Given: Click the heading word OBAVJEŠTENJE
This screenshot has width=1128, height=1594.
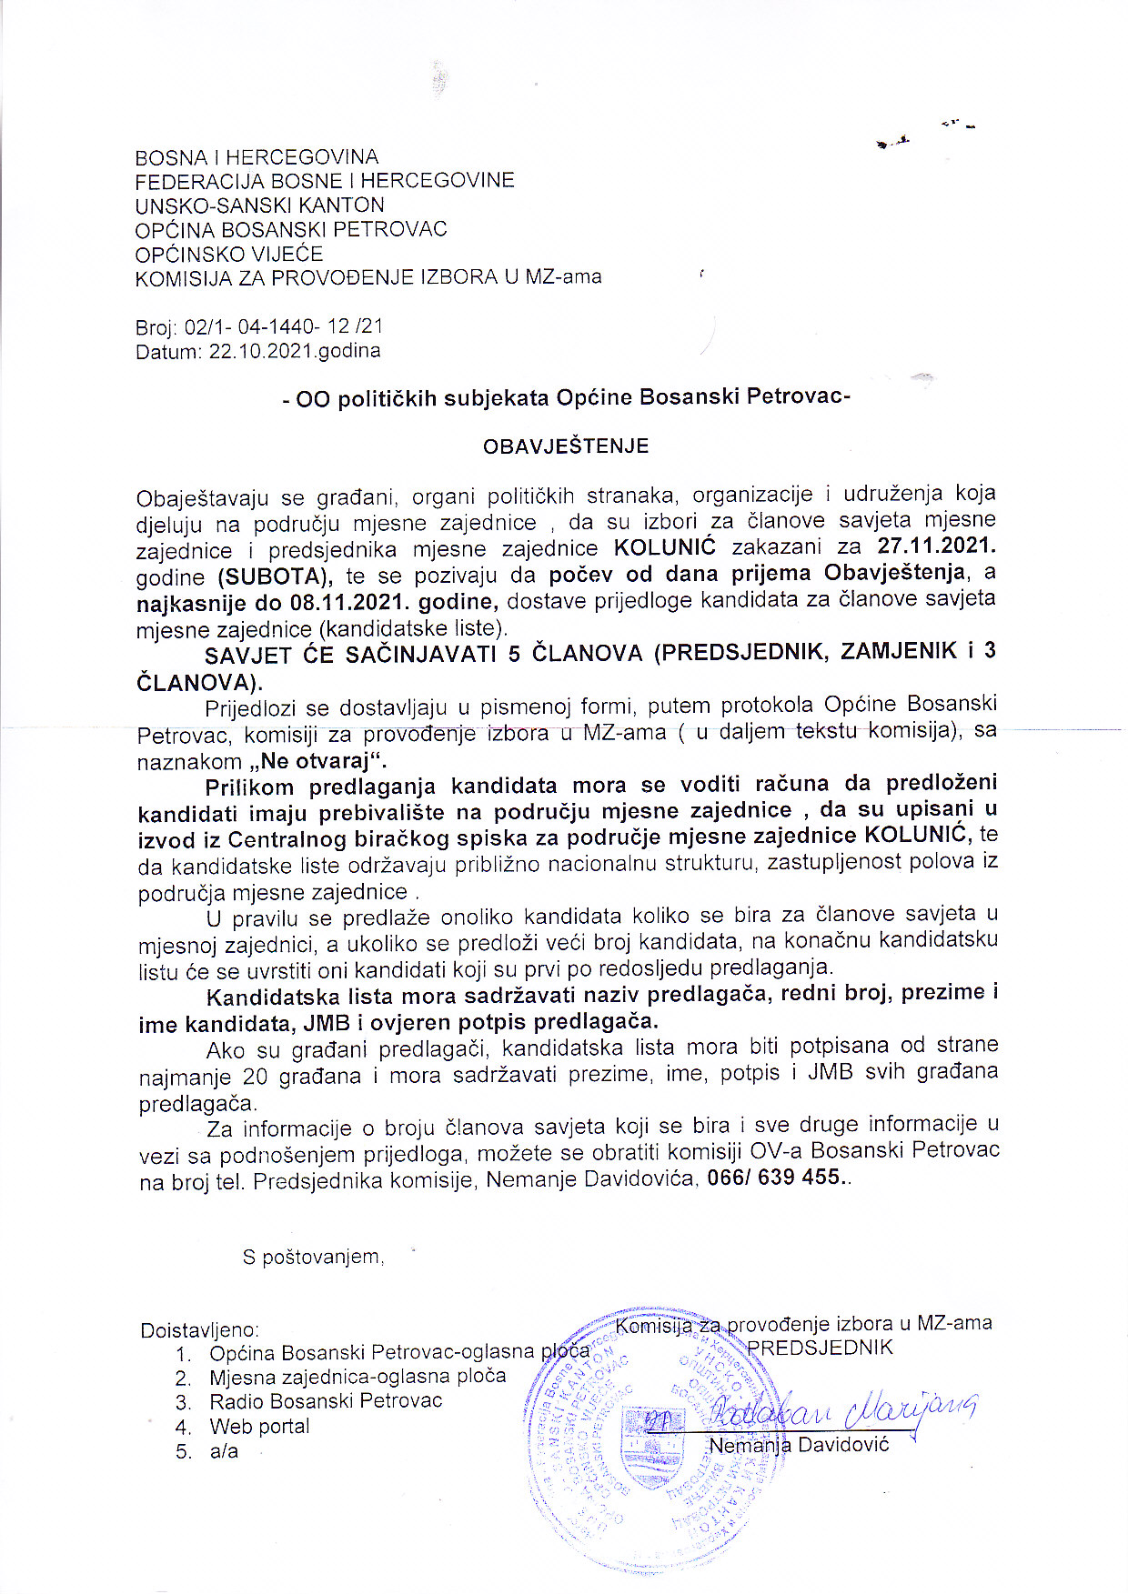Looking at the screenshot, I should pyautogui.click(x=565, y=446).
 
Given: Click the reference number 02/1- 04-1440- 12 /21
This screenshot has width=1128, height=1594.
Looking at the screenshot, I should pyautogui.click(x=283, y=326).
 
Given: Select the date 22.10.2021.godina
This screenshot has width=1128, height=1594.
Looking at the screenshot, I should pyautogui.click(x=295, y=351).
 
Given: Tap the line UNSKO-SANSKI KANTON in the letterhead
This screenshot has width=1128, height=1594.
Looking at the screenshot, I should pyautogui.click(x=259, y=206).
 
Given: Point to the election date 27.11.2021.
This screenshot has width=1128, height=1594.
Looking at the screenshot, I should pyautogui.click(x=936, y=546).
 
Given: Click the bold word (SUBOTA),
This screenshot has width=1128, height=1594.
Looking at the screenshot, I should pyautogui.click(x=275, y=575).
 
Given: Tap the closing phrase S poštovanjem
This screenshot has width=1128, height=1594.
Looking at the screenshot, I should pyautogui.click(x=312, y=1258).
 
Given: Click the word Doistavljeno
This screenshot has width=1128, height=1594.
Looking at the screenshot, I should pyautogui.click(x=199, y=1331).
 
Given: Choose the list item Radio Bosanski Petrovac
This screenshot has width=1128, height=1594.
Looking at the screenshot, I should pyautogui.click(x=325, y=1401).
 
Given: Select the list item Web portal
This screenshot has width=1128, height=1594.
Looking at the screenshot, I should pyautogui.click(x=259, y=1427).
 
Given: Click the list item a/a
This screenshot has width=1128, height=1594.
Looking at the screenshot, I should pyautogui.click(x=224, y=1451).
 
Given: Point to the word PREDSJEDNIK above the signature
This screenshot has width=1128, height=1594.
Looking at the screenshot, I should pyautogui.click(x=820, y=1347).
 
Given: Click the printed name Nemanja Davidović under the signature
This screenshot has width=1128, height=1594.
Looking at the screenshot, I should pyautogui.click(x=798, y=1445).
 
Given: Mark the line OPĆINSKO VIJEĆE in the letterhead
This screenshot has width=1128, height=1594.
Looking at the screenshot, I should pyautogui.click(x=228, y=254).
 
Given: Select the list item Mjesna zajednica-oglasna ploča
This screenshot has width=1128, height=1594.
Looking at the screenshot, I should pyautogui.click(x=357, y=1377).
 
